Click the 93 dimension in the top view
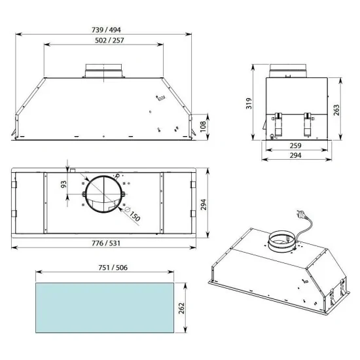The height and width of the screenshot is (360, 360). click(x=63, y=185)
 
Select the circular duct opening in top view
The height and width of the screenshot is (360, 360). click(x=103, y=196)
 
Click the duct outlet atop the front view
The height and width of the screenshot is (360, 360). click(x=103, y=70)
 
